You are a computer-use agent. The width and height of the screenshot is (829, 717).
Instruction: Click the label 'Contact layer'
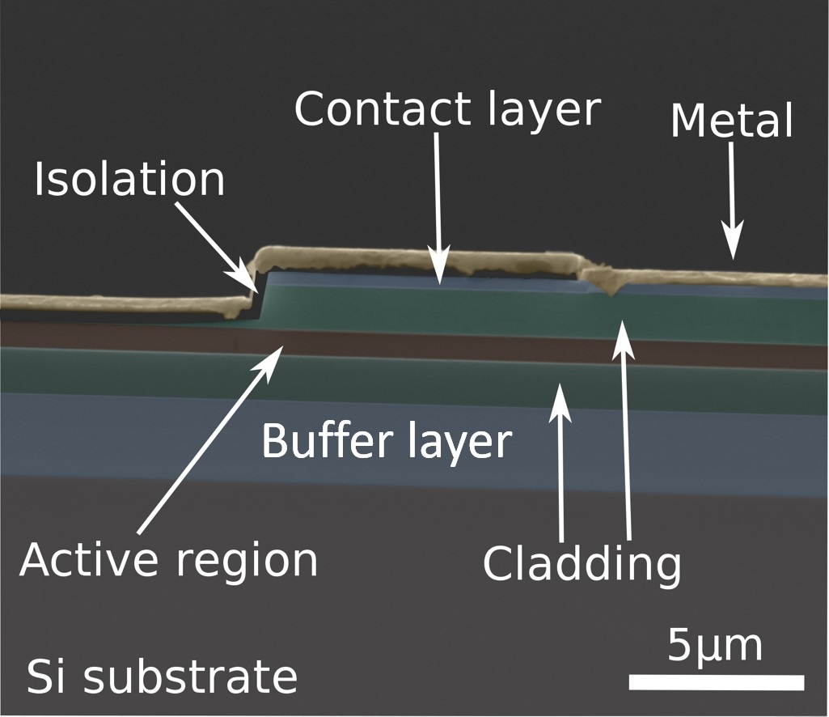click(447, 109)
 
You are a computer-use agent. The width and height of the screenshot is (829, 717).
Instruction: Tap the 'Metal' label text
click(732, 121)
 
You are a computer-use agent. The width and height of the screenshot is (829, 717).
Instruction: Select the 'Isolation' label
click(129, 180)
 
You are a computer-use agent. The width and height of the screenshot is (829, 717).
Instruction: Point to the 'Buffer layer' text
click(387, 443)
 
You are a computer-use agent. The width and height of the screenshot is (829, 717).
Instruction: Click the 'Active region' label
click(168, 560)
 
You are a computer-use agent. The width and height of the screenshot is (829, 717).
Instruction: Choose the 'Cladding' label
click(582, 565)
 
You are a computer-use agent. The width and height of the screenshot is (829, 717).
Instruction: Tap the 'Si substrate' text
click(162, 676)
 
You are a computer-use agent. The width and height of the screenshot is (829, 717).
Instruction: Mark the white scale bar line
click(716, 682)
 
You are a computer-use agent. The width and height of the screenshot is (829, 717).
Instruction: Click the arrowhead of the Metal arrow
click(733, 251)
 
